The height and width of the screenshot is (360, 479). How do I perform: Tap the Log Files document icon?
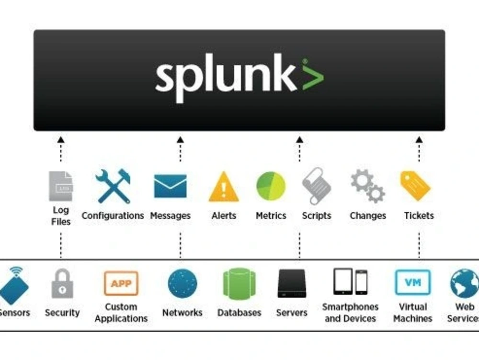[61, 186]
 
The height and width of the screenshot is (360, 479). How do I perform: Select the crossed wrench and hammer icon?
[113, 186]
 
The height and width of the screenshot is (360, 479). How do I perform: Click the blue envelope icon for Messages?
[170, 186]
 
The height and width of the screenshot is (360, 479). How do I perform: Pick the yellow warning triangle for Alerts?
[224, 187]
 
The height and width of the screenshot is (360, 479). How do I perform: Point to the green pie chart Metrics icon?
[271, 186]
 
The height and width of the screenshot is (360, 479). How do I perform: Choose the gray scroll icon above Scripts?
[317, 186]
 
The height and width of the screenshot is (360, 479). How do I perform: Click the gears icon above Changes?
[367, 186]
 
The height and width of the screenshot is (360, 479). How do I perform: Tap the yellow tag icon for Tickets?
[415, 186]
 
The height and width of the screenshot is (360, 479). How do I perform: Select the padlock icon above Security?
[62, 284]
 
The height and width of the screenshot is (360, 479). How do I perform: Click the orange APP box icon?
[121, 283]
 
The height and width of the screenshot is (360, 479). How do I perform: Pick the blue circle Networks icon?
[182, 283]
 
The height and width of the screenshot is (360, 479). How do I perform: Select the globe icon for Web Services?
[464, 283]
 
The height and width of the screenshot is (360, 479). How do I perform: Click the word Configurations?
[113, 216]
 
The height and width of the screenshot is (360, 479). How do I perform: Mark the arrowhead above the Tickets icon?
[419, 139]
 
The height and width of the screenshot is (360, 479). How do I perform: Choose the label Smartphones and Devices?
[350, 313]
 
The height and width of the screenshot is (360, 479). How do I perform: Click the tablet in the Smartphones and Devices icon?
[343, 281]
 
